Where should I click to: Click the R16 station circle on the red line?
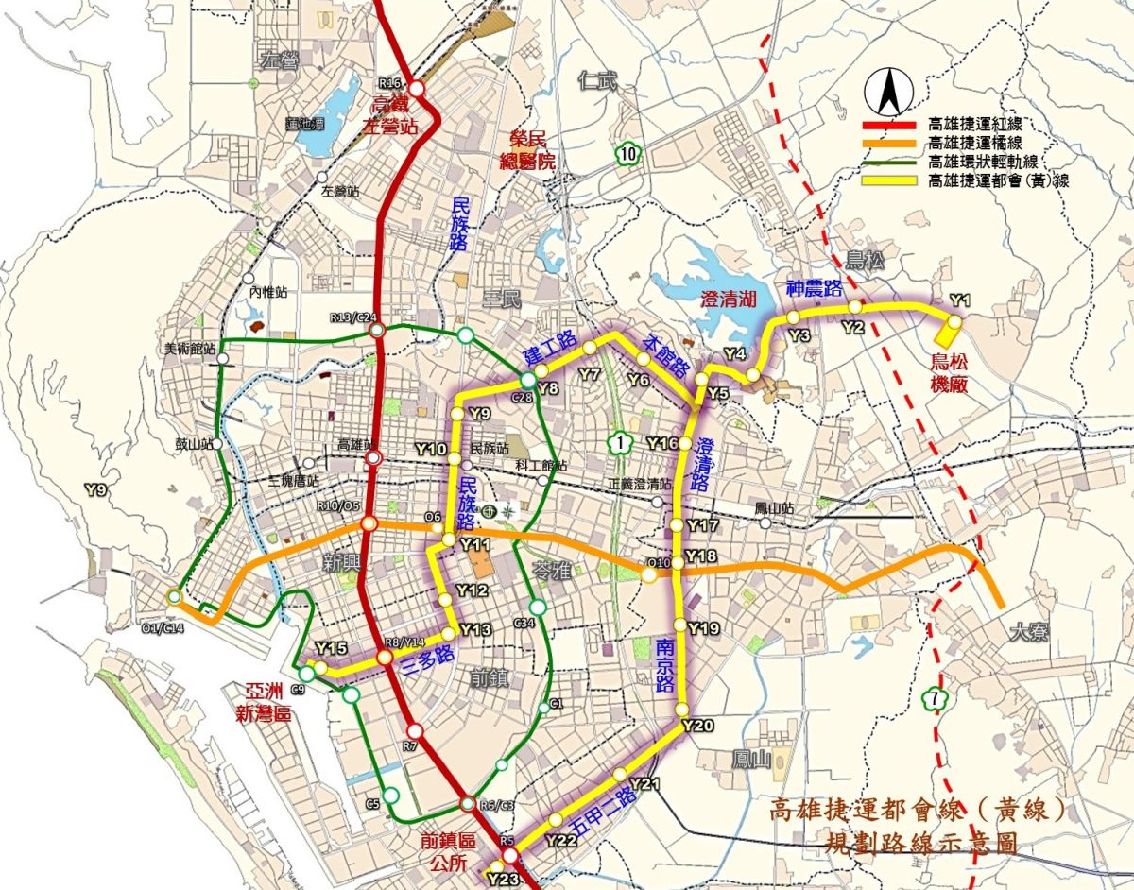click(416, 89)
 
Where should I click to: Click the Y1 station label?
click(961, 300)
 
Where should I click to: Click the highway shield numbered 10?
click(629, 153)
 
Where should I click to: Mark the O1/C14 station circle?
click(174, 596)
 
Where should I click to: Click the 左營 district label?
click(276, 60)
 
